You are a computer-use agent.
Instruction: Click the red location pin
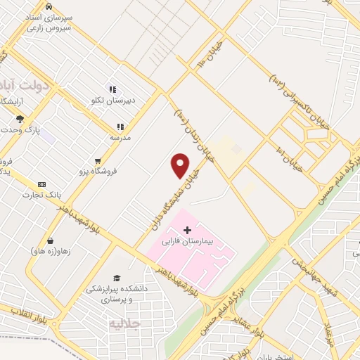pos(181,166)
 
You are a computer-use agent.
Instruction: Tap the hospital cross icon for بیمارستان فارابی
pos(187,230)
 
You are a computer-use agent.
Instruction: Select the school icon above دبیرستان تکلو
pos(113,91)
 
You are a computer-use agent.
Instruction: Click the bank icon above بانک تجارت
pos(41,184)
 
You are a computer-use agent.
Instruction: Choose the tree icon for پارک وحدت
pos(20,119)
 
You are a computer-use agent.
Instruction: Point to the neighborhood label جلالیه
pos(126,323)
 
